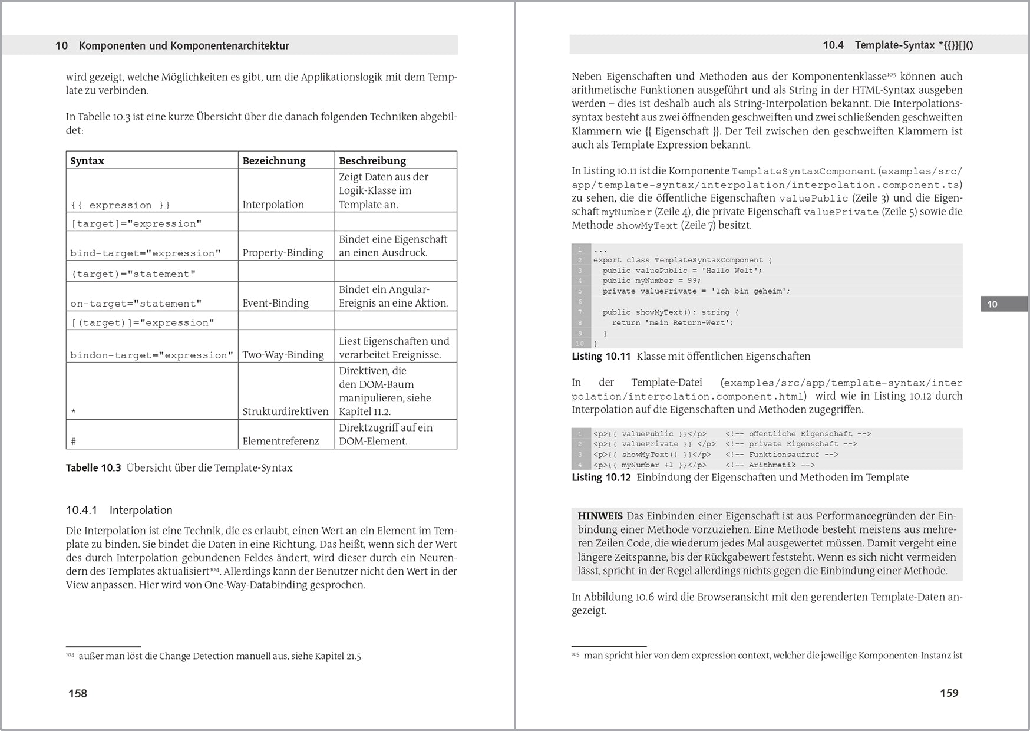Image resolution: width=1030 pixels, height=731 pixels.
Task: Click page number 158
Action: pos(78,693)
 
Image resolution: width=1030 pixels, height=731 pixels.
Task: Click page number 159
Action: pos(949,693)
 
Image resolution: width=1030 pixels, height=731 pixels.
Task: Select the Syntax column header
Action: pos(87,161)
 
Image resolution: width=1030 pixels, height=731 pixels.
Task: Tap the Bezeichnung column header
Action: pos(274,161)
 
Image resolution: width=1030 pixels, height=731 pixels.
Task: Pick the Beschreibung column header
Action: pos(372,161)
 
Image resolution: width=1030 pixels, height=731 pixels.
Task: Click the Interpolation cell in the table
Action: pos(273,205)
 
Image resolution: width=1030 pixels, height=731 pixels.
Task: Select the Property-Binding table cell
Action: pos(283,253)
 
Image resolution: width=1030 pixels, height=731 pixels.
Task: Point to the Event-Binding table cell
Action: pos(276,303)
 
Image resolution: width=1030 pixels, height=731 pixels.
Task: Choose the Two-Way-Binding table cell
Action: pos(283,355)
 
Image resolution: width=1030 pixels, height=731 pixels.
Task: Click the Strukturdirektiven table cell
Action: pos(286,411)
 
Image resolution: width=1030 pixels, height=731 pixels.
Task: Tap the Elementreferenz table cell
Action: pos(280,441)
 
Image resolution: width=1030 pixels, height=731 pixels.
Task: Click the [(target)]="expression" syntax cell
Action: pos(143,322)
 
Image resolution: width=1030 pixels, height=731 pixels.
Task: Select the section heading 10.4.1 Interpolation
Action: pos(119,511)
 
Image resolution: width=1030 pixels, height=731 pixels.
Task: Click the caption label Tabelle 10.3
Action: pos(93,468)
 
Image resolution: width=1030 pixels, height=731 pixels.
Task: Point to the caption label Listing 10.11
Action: pos(601,357)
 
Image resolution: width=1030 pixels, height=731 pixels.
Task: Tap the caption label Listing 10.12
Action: pos(601,478)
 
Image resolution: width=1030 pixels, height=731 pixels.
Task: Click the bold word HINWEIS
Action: pos(600,516)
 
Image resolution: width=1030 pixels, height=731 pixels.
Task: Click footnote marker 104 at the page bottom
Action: pos(70,655)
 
